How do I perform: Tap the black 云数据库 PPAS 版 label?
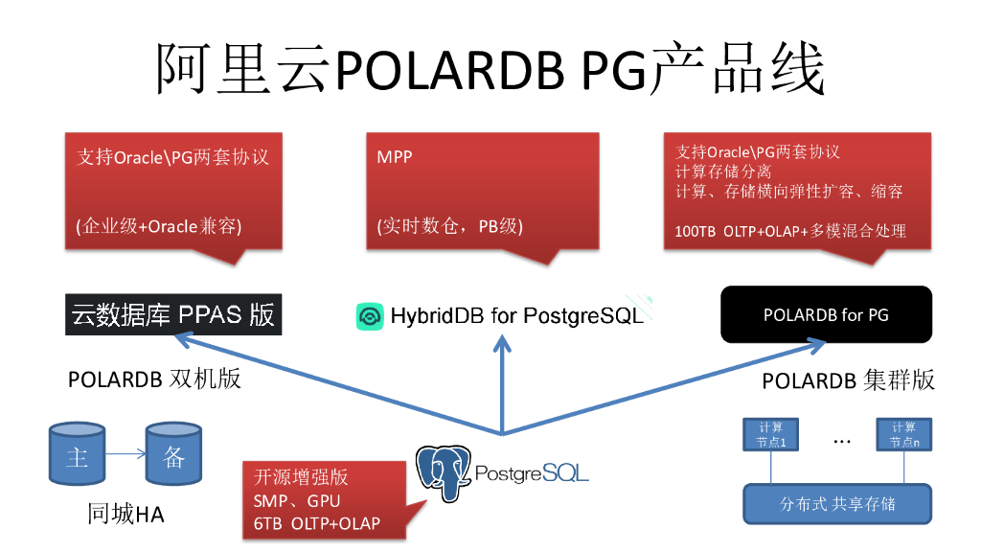click(x=173, y=314)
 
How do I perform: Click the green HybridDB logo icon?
click(x=369, y=315)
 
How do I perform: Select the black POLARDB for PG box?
click(x=826, y=314)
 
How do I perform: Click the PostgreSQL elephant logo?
click(x=444, y=472)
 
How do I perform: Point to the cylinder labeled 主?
click(x=77, y=456)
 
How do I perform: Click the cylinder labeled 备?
click(x=173, y=456)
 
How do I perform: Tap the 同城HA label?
click(x=125, y=515)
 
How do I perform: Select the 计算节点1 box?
click(x=771, y=435)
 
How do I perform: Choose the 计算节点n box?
click(x=902, y=435)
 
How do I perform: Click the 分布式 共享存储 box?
click(x=837, y=503)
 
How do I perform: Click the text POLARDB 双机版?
click(x=154, y=379)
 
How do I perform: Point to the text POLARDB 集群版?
click(x=848, y=380)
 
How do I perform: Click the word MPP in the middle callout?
click(x=395, y=156)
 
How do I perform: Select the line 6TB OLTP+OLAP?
click(x=316, y=522)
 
